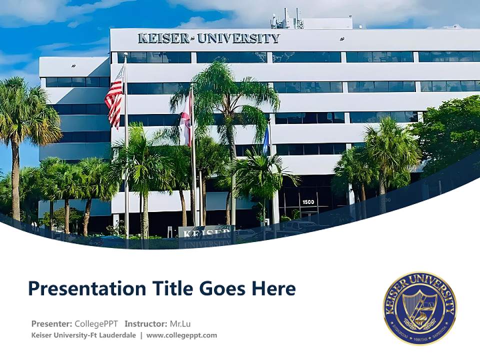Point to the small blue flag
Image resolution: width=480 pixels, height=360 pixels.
click(266, 140)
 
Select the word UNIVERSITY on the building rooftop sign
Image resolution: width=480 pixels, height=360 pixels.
click(238, 38)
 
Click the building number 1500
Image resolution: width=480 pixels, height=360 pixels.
click(308, 202)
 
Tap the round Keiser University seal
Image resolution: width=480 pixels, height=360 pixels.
click(420, 308)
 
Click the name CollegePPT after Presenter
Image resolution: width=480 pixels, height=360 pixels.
click(96, 323)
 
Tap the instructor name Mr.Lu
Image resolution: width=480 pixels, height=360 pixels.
click(180, 323)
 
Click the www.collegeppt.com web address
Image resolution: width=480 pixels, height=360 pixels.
click(181, 335)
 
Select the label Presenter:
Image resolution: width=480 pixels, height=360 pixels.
click(51, 323)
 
